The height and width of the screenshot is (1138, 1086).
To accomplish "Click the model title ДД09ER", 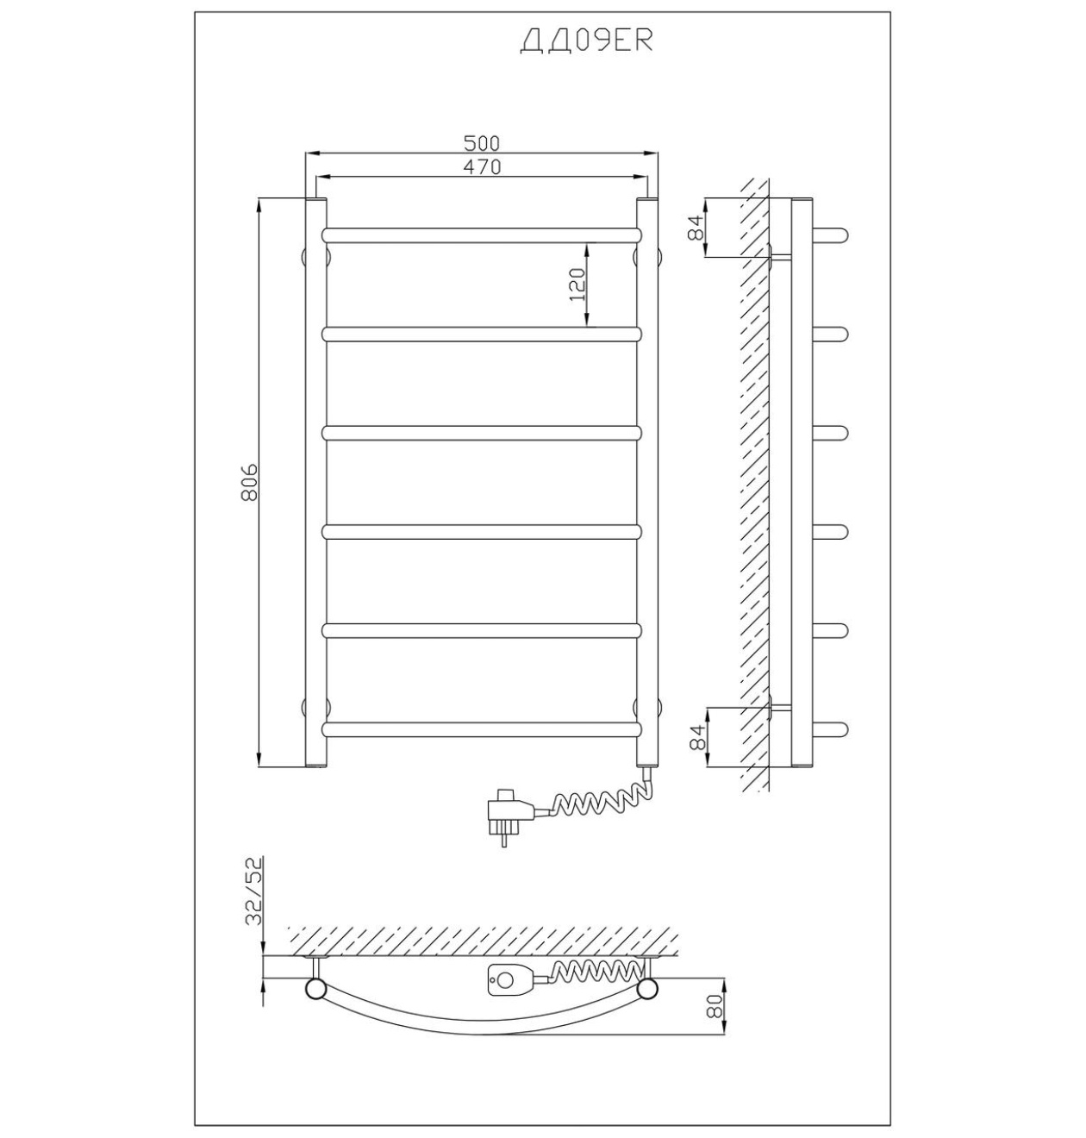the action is coord(586,41).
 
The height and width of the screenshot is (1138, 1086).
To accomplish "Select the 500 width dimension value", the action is coord(481,142).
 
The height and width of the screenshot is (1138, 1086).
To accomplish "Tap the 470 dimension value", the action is coord(482,166).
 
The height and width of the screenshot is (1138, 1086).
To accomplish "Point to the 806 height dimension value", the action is coord(249,482).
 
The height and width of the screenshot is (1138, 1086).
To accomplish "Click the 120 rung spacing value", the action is coord(577,284).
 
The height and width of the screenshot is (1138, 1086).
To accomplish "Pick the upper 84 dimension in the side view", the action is coord(696,227).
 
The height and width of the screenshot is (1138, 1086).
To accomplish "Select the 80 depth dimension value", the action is coord(715,1007).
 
